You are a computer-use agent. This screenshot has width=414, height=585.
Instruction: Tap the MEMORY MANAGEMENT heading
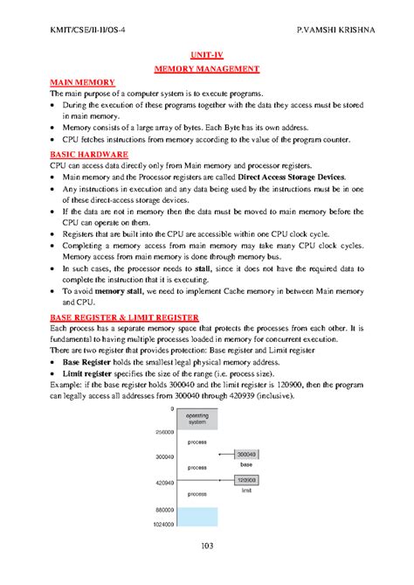tap(207, 67)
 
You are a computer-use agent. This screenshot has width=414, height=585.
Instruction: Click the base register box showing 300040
tap(247, 455)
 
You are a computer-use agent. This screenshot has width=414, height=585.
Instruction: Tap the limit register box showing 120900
tap(247, 480)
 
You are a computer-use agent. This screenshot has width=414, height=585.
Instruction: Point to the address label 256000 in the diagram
tap(163, 432)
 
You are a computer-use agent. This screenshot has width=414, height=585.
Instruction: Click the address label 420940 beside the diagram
tap(163, 481)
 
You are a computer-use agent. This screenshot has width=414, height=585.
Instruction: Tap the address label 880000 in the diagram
tap(163, 509)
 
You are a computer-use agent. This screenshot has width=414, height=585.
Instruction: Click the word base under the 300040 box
tap(247, 464)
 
